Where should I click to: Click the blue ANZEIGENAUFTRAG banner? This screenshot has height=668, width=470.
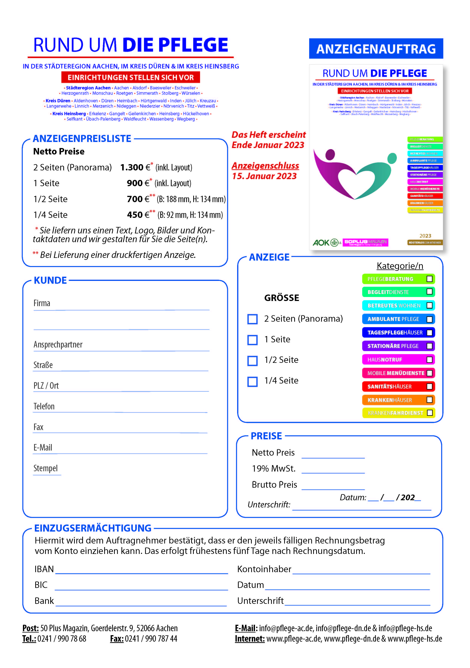tap(376, 49)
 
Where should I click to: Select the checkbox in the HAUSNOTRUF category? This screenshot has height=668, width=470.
tap(429, 360)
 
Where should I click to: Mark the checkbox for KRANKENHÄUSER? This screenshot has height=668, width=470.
tap(429, 400)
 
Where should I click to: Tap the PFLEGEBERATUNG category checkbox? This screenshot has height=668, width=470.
tap(429, 279)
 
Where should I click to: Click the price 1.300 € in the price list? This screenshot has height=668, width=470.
tap(135, 168)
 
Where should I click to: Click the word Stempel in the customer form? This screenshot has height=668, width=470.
tap(46, 468)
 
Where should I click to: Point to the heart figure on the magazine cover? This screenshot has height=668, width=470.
tap(355, 175)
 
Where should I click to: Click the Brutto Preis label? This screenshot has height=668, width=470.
tap(274, 485)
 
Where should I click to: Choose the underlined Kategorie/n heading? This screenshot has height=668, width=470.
tap(400, 266)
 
